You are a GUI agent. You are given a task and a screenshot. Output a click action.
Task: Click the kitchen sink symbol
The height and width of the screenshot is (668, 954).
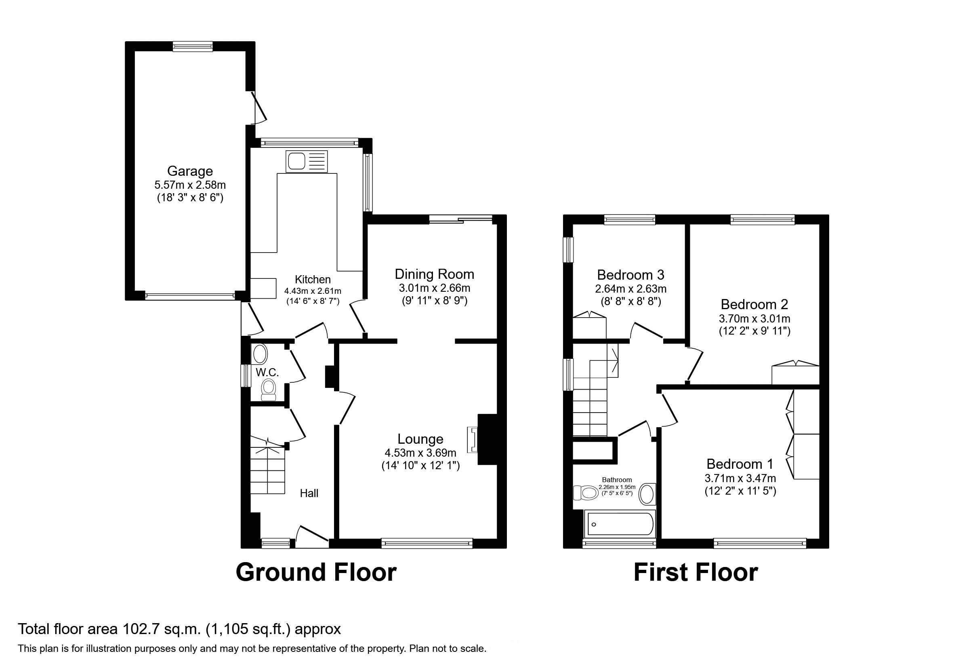click(307, 161)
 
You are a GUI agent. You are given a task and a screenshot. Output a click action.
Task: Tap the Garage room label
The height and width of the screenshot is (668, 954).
click(190, 171)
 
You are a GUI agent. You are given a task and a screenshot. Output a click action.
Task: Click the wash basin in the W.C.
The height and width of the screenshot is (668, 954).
click(260, 355)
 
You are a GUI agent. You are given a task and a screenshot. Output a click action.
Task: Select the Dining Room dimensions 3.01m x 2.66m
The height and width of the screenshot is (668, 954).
click(434, 288)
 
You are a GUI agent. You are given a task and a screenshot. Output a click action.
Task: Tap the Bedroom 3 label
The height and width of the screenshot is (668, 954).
click(630, 275)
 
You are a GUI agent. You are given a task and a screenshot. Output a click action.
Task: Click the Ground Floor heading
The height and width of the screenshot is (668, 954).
click(316, 572)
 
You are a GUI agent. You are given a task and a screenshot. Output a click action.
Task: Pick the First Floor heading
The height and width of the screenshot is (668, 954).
click(696, 572)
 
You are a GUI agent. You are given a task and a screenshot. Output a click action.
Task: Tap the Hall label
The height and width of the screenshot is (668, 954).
click(309, 493)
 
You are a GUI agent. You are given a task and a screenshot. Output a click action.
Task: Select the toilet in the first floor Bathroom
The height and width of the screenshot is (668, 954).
click(584, 493)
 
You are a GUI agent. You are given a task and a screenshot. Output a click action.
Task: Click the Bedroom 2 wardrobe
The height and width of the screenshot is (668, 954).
click(795, 374)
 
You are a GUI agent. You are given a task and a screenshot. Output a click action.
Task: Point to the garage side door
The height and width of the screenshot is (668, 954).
click(259, 107)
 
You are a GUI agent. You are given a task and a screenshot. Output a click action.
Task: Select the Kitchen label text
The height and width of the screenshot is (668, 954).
click(313, 279)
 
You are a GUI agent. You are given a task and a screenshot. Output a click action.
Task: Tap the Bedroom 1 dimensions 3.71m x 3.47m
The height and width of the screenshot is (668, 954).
click(740, 478)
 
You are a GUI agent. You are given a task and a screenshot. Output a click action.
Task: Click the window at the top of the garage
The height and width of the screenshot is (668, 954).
click(193, 46)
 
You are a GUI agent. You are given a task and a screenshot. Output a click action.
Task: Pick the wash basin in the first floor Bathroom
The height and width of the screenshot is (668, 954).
click(646, 494)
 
